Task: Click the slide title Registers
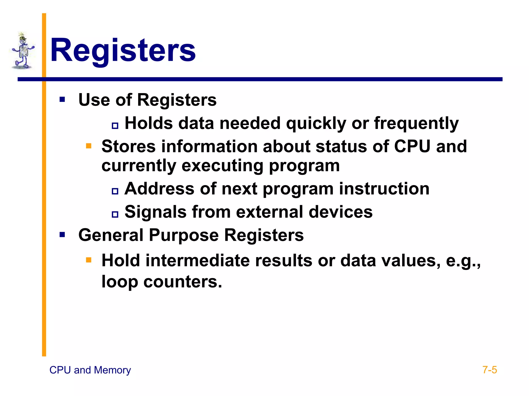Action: click(x=123, y=50)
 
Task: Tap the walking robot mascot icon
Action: click(x=23, y=51)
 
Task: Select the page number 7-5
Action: click(x=489, y=370)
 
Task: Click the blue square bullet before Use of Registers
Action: click(x=62, y=100)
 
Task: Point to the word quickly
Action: click(x=316, y=123)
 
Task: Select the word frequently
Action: click(x=416, y=123)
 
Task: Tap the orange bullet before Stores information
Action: click(x=89, y=146)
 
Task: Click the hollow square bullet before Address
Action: click(x=115, y=191)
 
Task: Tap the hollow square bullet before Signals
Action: click(x=115, y=214)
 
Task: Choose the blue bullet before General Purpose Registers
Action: click(x=62, y=235)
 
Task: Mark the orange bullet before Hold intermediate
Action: click(x=89, y=260)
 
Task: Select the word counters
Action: click(x=182, y=282)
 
